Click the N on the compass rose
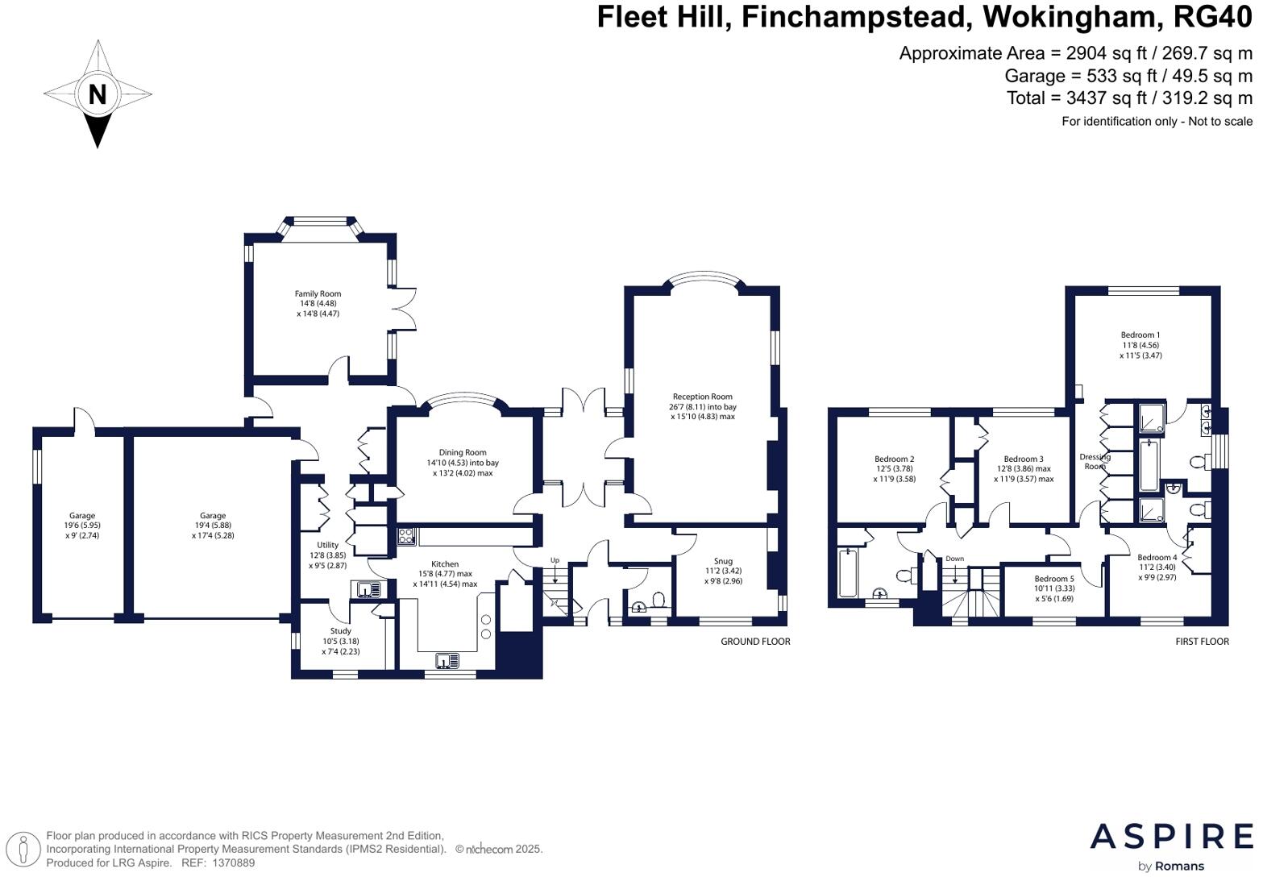[97, 94]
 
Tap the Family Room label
[318, 294]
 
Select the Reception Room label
[702, 397]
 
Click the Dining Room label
[463, 453]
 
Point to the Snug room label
[723, 561]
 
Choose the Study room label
[340, 631]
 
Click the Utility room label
[327, 546]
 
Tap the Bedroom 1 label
[1140, 335]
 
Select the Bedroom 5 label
[1054, 579]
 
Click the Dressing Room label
[1095, 461]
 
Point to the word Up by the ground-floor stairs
[555, 560]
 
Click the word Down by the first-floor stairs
[954, 559]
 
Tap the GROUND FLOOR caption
[755, 642]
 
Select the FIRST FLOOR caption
[1202, 642]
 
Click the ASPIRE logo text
[1171, 837]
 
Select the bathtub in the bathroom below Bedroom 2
[848, 573]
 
